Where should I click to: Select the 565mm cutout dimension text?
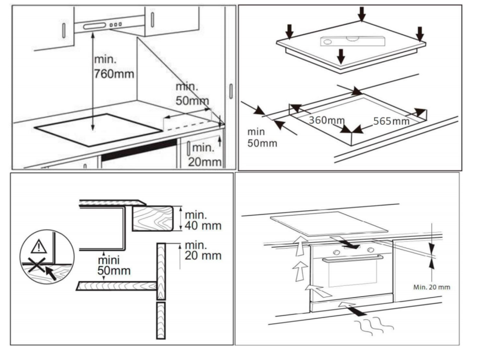point(391,121)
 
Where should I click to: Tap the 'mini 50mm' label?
point(114,265)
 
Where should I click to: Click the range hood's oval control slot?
point(94,26)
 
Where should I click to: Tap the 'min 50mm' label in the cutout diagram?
point(261,137)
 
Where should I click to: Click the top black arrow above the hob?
point(362,13)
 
